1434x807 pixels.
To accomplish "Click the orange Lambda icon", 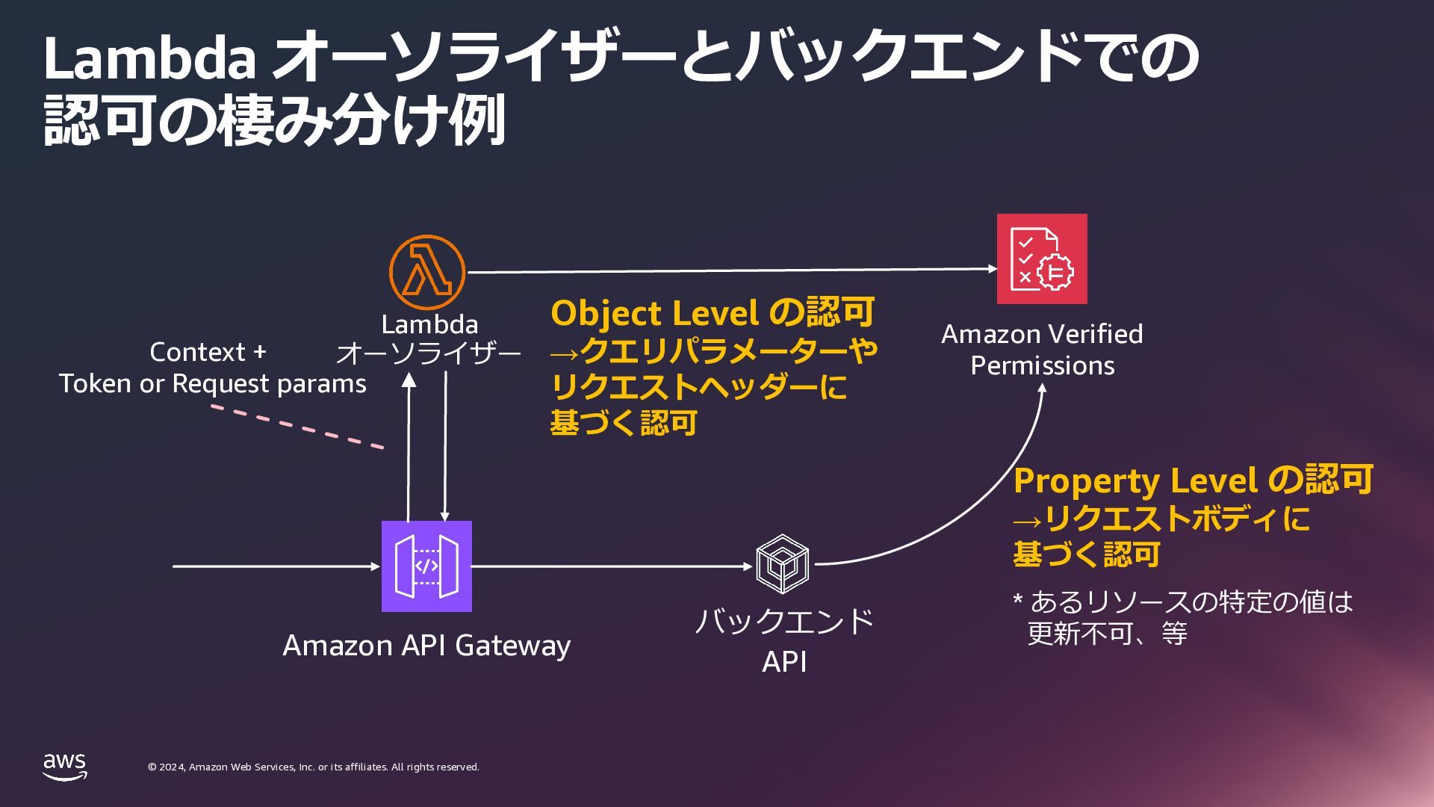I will pyautogui.click(x=426, y=272).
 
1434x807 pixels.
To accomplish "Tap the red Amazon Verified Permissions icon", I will pyautogui.click(x=1042, y=259).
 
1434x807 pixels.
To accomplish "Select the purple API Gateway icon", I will pyautogui.click(x=426, y=566).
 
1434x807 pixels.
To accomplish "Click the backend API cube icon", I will pyautogui.click(x=782, y=564).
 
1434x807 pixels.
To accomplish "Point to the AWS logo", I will pyautogui.click(x=64, y=767).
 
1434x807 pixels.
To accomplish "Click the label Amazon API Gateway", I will pyautogui.click(x=426, y=645).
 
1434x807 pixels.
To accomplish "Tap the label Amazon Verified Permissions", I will pyautogui.click(x=1042, y=349).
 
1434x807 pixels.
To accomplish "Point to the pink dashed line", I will pyautogui.click(x=297, y=427).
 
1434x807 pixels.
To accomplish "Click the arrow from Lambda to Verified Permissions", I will pyautogui.click(x=732, y=270).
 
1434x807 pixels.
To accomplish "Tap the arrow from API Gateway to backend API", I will pyautogui.click(x=612, y=566).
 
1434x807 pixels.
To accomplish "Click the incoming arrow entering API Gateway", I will pyautogui.click(x=276, y=566).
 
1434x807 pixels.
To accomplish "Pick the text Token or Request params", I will pyautogui.click(x=213, y=383).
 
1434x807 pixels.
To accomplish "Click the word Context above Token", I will pyautogui.click(x=197, y=352).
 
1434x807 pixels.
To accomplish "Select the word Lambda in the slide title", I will pyautogui.click(x=149, y=58).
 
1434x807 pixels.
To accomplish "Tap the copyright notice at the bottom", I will pyautogui.click(x=314, y=767).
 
